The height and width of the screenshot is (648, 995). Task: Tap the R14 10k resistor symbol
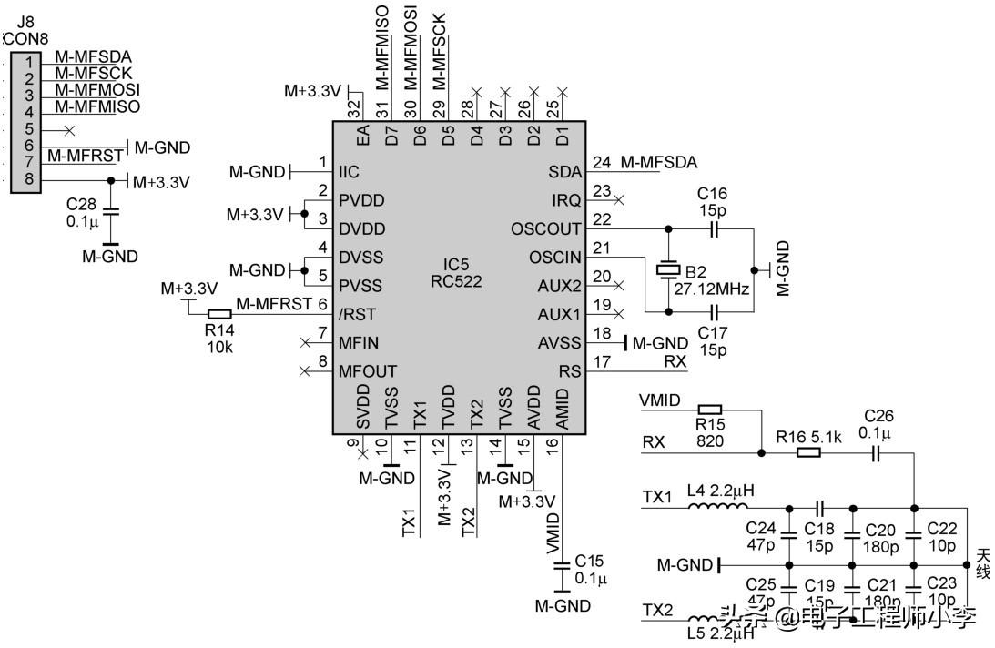pyautogui.click(x=219, y=314)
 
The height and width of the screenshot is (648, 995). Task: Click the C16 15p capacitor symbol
pyautogui.click(x=714, y=228)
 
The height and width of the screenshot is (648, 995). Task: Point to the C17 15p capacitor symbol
pyautogui.click(x=714, y=312)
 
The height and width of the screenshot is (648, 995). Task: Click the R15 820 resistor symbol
pyautogui.click(x=709, y=410)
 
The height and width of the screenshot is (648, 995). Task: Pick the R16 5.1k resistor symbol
pyautogui.click(x=808, y=451)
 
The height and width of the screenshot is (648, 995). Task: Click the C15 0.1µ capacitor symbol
pyautogui.click(x=561, y=567)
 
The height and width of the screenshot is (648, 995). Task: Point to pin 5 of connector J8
pyautogui.click(x=29, y=128)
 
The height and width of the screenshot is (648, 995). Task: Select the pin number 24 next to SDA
pyautogui.click(x=602, y=162)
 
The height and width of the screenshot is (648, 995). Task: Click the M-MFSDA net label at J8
pyautogui.click(x=93, y=56)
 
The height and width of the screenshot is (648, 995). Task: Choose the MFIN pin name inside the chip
pyautogui.click(x=358, y=343)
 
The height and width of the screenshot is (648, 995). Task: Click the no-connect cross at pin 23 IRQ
pyautogui.click(x=619, y=198)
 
